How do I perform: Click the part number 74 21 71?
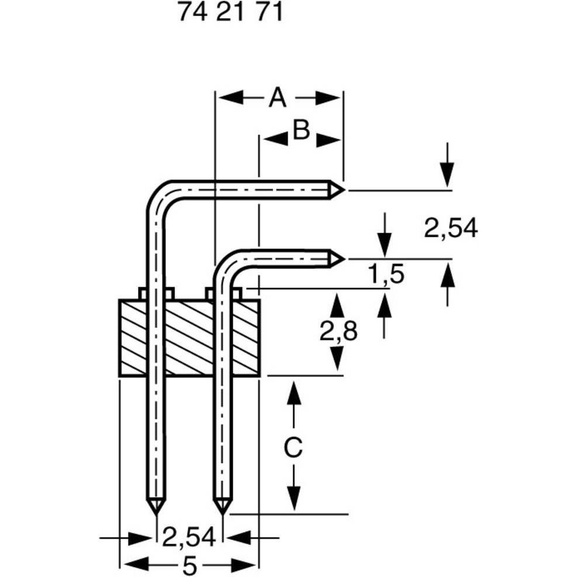(x=230, y=13)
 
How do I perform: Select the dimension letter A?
(x=278, y=98)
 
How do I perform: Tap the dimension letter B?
(x=301, y=131)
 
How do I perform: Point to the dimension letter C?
(x=293, y=448)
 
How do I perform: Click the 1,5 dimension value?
(x=386, y=274)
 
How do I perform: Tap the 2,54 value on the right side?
(x=451, y=229)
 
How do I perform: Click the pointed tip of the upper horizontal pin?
(x=344, y=189)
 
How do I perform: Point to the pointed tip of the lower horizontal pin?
(x=344, y=258)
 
